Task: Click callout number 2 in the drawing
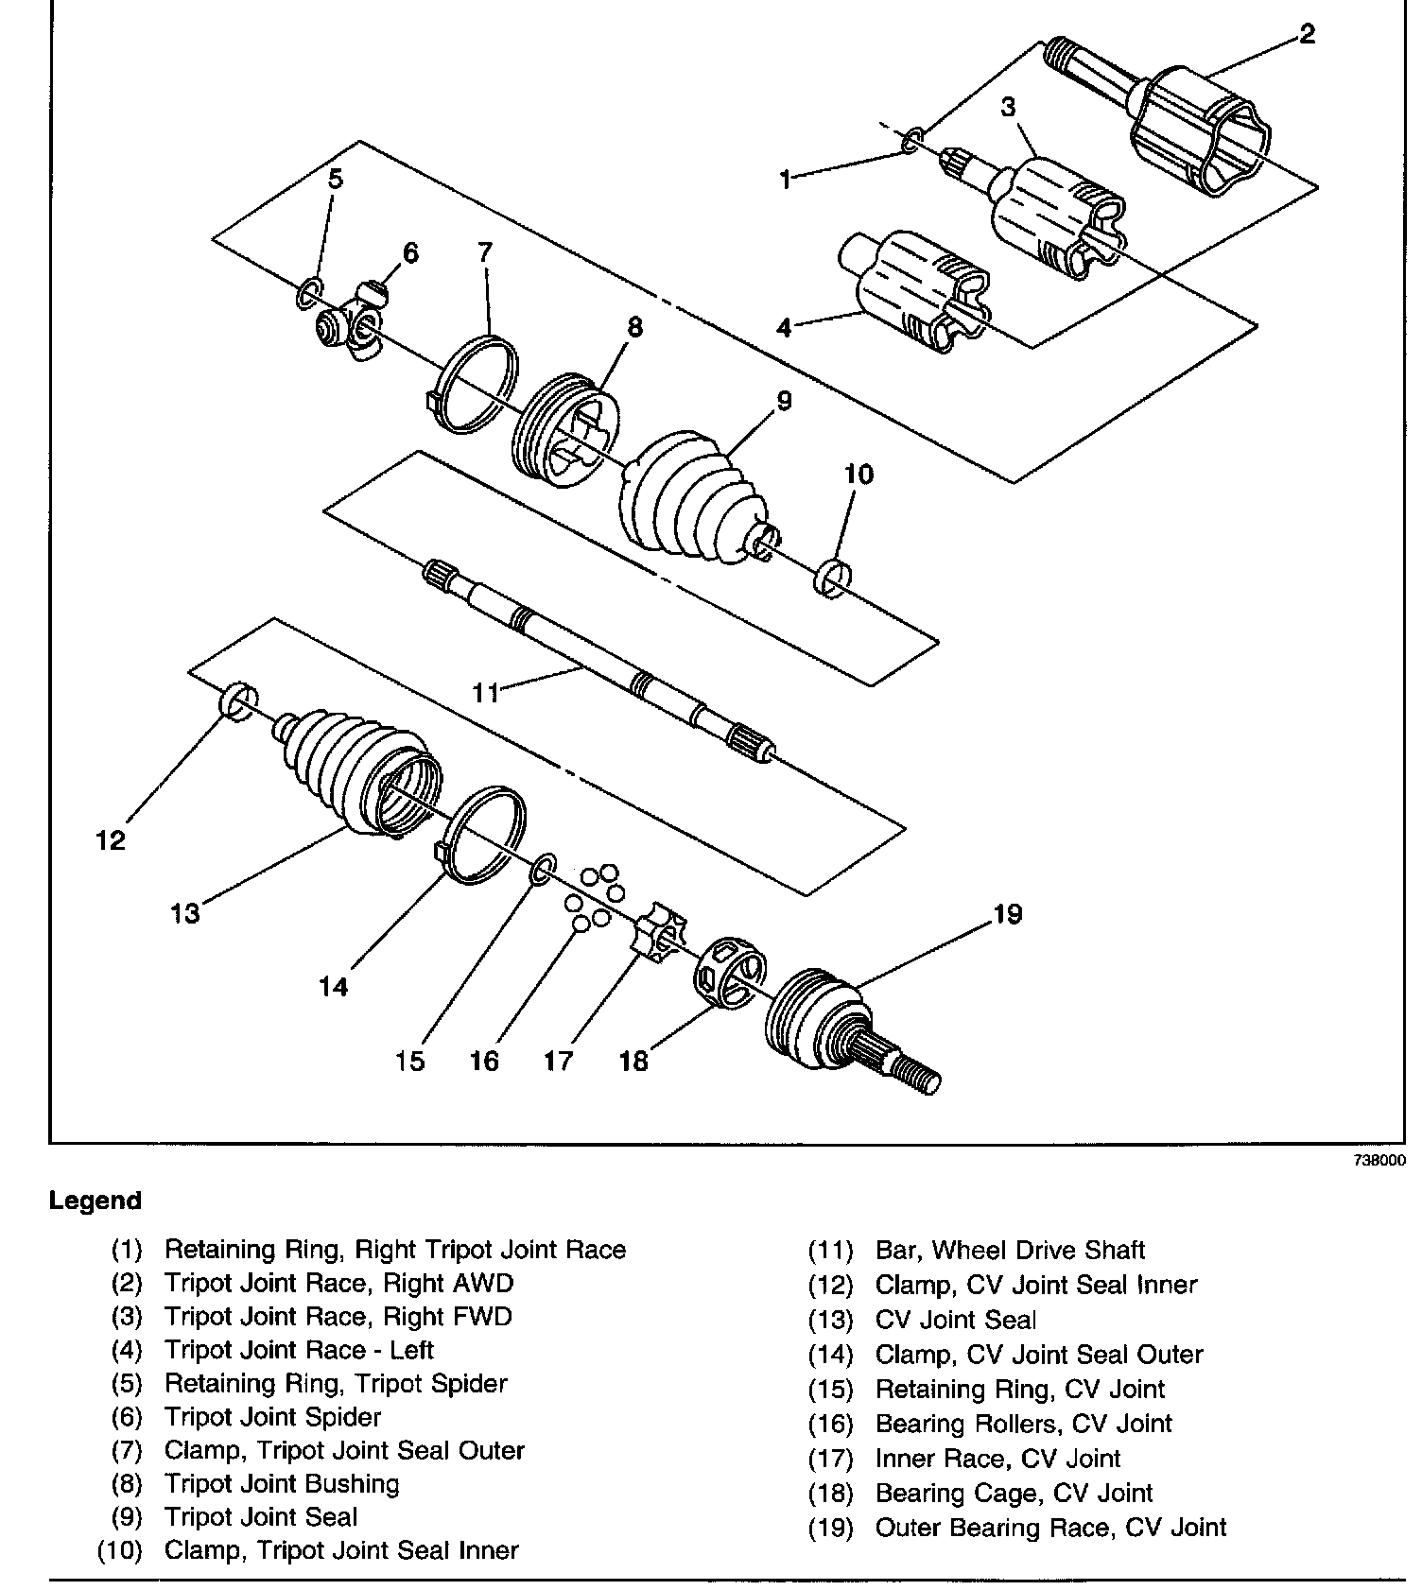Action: [x=1307, y=35]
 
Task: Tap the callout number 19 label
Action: [x=1007, y=914]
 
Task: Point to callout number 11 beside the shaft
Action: [x=486, y=693]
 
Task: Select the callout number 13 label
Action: [x=185, y=913]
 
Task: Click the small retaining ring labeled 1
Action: [x=911, y=142]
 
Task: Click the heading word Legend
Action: [x=95, y=1201]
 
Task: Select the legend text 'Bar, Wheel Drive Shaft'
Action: [x=1010, y=1250]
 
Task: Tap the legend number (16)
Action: [x=830, y=1424]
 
